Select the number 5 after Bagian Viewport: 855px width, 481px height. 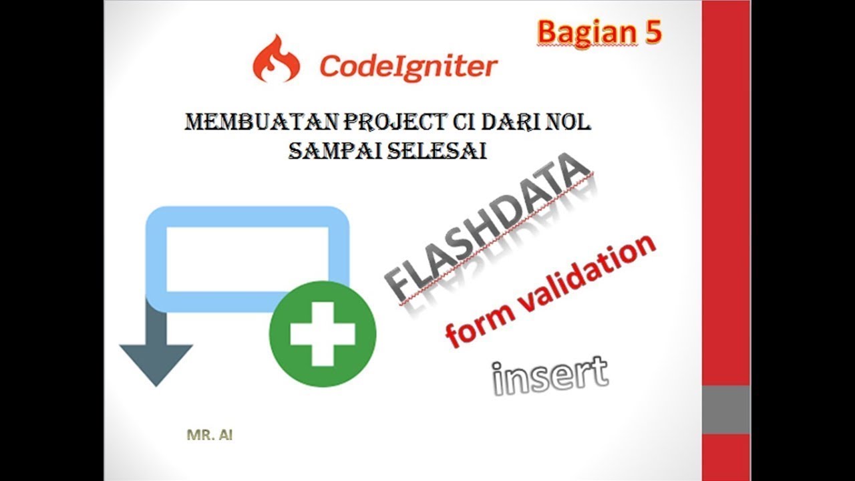(x=652, y=32)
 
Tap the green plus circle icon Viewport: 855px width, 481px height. (x=323, y=334)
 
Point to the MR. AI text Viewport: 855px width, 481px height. (x=210, y=436)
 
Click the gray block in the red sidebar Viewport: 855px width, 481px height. (x=725, y=410)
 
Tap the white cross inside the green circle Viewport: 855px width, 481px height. (x=323, y=334)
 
